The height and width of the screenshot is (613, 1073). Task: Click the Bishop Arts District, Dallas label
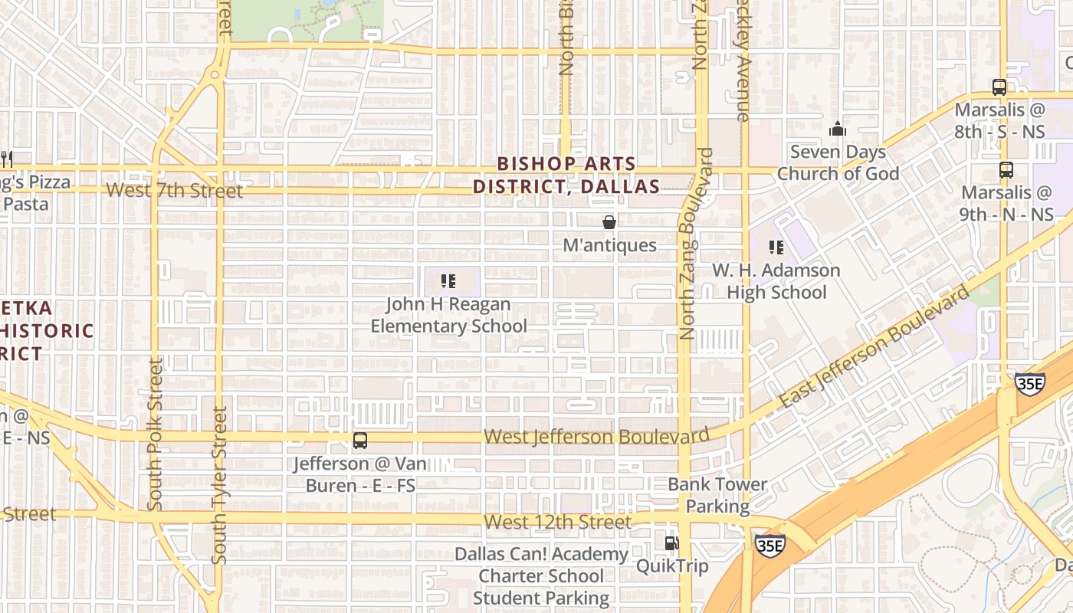pyautogui.click(x=566, y=175)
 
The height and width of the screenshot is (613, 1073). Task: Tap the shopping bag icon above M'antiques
pyautogui.click(x=609, y=222)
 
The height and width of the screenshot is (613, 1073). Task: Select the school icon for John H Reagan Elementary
pyautogui.click(x=448, y=281)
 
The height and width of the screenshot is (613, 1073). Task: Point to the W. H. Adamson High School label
pyautogui.click(x=776, y=281)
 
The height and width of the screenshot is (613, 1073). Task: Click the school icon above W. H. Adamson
pyautogui.click(x=776, y=247)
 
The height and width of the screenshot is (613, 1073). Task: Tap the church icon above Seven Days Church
pyautogui.click(x=838, y=129)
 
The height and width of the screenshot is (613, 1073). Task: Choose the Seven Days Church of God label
pyautogui.click(x=838, y=162)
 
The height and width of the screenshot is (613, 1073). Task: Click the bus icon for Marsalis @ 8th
pyautogui.click(x=999, y=87)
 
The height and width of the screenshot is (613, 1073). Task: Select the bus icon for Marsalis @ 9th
pyautogui.click(x=1006, y=170)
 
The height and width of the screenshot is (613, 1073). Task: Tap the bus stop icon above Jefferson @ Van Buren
pyautogui.click(x=360, y=441)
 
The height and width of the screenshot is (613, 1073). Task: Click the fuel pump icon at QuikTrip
pyautogui.click(x=671, y=543)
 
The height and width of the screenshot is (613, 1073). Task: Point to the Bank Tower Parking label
pyautogui.click(x=717, y=495)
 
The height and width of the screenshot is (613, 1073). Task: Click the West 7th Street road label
pyautogui.click(x=175, y=190)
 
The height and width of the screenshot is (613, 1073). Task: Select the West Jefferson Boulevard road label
pyautogui.click(x=596, y=437)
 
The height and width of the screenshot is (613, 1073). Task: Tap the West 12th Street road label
pyautogui.click(x=558, y=523)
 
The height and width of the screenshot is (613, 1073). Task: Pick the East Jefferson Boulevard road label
pyautogui.click(x=874, y=346)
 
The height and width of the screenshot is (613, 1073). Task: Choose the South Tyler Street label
pyautogui.click(x=220, y=485)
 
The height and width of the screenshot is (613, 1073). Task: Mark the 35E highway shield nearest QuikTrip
pyautogui.click(x=769, y=544)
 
